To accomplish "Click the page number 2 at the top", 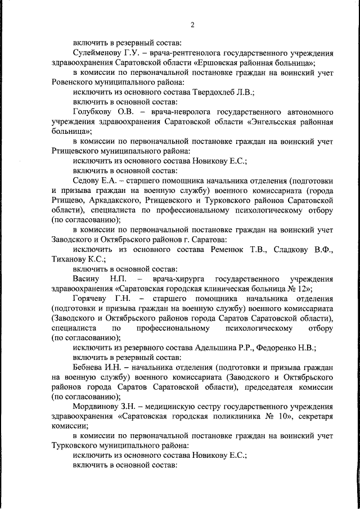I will [192, 24].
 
